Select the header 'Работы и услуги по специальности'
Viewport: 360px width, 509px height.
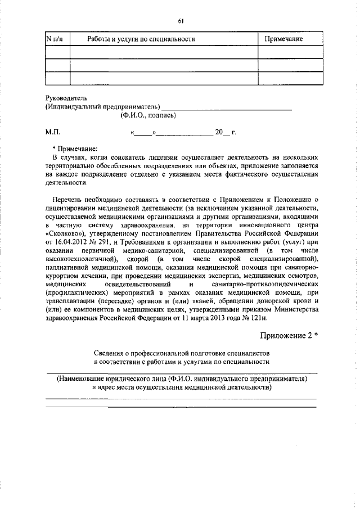(x=141, y=39)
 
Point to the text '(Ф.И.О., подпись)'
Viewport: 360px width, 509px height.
(x=148, y=115)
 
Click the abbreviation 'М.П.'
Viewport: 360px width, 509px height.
(x=52, y=133)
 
